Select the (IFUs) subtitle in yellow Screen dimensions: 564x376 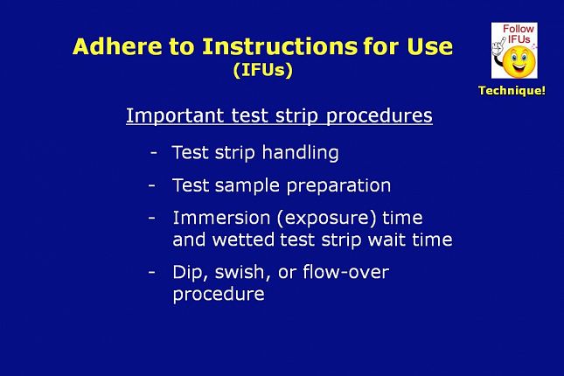(x=263, y=70)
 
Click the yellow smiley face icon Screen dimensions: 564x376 (x=519, y=61)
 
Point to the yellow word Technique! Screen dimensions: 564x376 (x=512, y=90)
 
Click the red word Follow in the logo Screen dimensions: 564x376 (x=519, y=29)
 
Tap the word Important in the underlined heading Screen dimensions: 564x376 (x=175, y=115)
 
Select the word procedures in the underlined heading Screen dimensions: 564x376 (x=379, y=115)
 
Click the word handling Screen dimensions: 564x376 (x=300, y=152)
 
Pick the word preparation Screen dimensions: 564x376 (x=338, y=186)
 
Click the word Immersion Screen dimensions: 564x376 (x=221, y=218)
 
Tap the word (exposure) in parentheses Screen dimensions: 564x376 (x=326, y=219)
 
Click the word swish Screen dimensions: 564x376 (x=242, y=272)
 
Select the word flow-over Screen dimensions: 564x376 (x=345, y=272)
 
